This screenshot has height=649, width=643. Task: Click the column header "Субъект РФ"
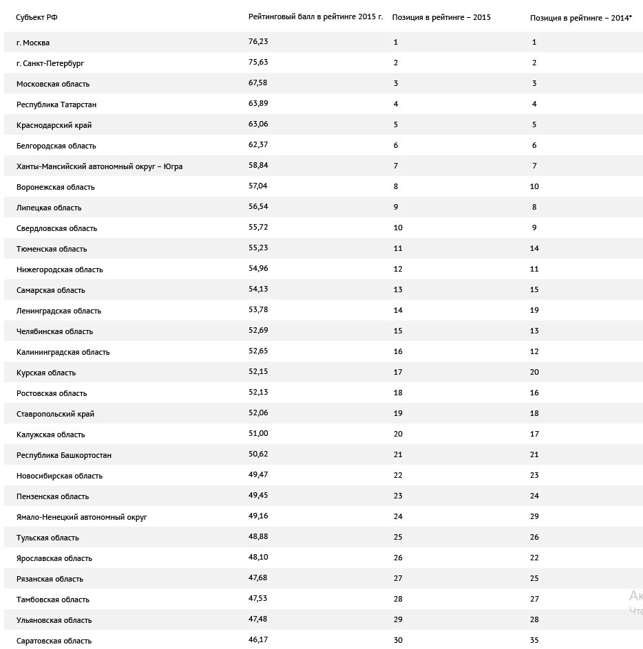pyautogui.click(x=37, y=17)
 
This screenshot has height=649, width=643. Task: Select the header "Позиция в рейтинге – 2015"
pyautogui.click(x=441, y=17)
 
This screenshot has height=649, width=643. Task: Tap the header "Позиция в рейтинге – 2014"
pyautogui.click(x=580, y=18)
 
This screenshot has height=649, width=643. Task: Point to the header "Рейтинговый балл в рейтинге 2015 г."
pyautogui.click(x=315, y=16)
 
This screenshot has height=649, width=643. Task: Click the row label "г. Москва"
pyautogui.click(x=33, y=43)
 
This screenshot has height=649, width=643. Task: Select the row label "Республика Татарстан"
pyautogui.click(x=56, y=104)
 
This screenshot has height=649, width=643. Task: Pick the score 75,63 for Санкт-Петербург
pyautogui.click(x=258, y=63)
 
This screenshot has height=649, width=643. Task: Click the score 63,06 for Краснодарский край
pyautogui.click(x=258, y=124)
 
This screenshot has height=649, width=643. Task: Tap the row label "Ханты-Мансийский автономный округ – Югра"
pyautogui.click(x=99, y=166)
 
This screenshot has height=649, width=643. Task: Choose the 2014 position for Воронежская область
pyautogui.click(x=534, y=186)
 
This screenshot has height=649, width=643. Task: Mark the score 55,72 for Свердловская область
pyautogui.click(x=258, y=228)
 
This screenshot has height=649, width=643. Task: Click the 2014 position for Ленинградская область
pyautogui.click(x=534, y=310)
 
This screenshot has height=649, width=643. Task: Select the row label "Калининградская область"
pyautogui.click(x=63, y=352)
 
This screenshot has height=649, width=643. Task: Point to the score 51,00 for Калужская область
pyautogui.click(x=258, y=434)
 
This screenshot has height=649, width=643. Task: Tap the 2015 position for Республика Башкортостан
pyautogui.click(x=398, y=454)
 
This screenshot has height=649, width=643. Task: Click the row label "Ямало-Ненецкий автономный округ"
pyautogui.click(x=82, y=517)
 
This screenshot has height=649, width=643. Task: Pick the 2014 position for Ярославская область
pyautogui.click(x=534, y=558)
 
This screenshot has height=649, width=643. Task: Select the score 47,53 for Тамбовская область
pyautogui.click(x=258, y=599)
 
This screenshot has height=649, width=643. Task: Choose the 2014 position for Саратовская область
pyautogui.click(x=534, y=640)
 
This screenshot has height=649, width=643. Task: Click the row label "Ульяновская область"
pyautogui.click(x=54, y=620)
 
